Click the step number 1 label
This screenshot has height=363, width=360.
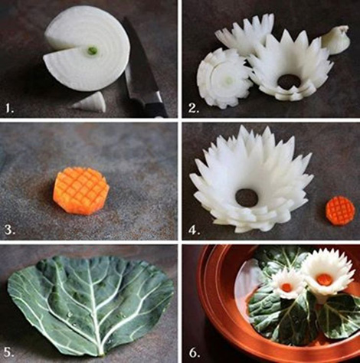coord(9,109)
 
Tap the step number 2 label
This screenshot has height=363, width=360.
coord(194,109)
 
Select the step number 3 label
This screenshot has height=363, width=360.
coord(10,230)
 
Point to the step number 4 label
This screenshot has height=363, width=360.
coord(194,230)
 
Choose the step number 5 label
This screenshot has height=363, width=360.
coord(8,352)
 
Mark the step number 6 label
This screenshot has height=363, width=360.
coord(194,352)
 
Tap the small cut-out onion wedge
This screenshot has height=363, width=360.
coord(90,103)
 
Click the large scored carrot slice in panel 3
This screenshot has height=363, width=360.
coord(81,189)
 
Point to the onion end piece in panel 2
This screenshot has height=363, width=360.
coord(335,39)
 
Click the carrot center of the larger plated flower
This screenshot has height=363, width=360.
coord(323,278)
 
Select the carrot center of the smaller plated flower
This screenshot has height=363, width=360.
coord(288,287)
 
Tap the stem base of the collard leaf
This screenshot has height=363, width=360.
coord(102,354)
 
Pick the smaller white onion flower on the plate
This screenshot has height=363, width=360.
coord(288,285)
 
